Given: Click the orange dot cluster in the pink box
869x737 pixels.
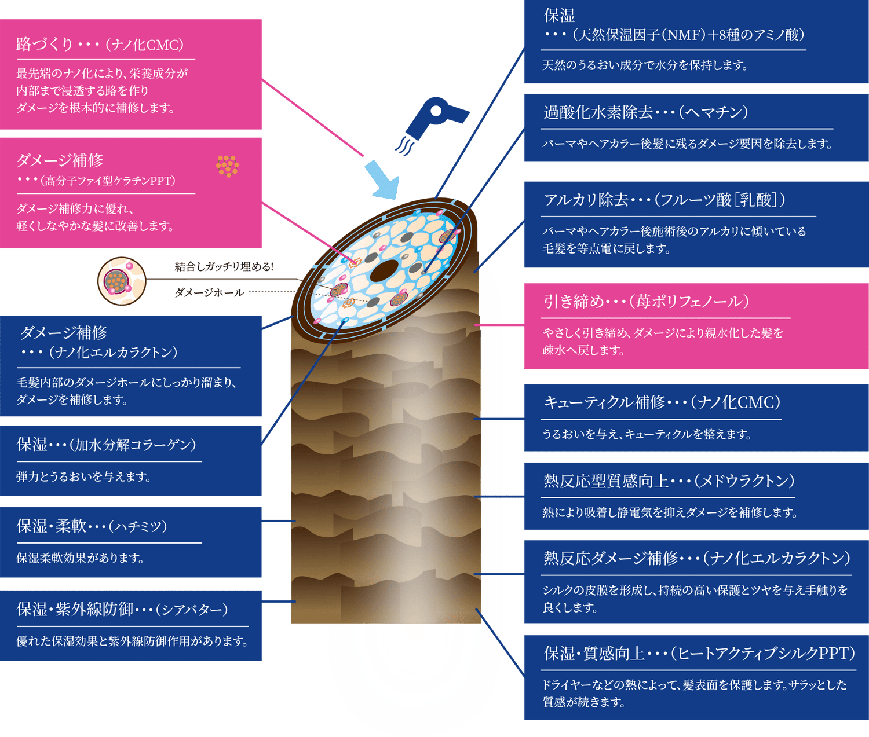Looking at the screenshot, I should [227, 166].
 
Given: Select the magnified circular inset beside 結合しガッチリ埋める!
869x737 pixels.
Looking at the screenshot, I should [122, 281].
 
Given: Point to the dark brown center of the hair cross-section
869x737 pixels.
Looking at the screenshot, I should [384, 270].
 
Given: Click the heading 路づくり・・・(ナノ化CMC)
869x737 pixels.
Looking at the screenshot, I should [100, 45].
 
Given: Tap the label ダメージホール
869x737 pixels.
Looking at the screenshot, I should [209, 293].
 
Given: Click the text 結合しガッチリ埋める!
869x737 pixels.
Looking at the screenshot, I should [224, 266].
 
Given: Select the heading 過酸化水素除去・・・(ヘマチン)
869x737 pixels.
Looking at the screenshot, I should [646, 112].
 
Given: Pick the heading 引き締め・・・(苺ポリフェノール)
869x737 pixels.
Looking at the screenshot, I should [646, 302].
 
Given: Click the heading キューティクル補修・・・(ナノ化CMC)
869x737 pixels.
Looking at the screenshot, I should [662, 402].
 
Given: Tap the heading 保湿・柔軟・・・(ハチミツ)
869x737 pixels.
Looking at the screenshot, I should [92, 526].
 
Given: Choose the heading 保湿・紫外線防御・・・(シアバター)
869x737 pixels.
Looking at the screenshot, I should [122, 609].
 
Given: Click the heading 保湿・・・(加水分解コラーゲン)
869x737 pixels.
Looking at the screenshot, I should [107, 445].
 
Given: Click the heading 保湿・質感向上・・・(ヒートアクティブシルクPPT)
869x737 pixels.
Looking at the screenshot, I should [699, 654].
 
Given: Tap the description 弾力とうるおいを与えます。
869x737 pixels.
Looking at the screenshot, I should [84, 477].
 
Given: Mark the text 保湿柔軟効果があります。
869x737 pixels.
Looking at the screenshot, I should [81, 558].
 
